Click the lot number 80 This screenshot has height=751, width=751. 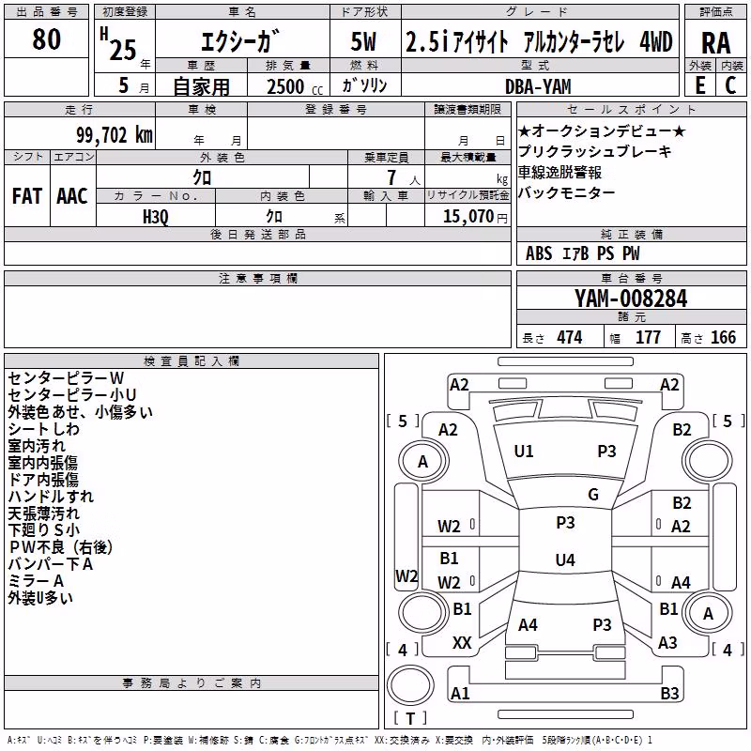click(x=46, y=39)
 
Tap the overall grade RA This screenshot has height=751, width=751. click(x=715, y=43)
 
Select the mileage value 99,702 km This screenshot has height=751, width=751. click(x=115, y=135)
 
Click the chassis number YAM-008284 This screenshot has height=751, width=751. click(x=631, y=299)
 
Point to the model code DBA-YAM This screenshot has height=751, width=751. click(x=538, y=86)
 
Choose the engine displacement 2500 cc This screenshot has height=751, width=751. click(x=295, y=86)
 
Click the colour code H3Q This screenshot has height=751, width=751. click(x=156, y=217)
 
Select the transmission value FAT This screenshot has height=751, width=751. click(x=27, y=196)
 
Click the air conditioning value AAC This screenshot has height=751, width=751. click(x=72, y=196)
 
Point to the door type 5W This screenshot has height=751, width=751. click(x=363, y=41)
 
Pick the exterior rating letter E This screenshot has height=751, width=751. click(x=700, y=85)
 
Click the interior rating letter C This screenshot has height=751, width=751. click(x=730, y=85)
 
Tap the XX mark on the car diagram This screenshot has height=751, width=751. click(x=462, y=643)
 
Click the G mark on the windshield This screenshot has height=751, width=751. click(x=593, y=495)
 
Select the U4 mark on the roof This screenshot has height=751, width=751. click(x=565, y=559)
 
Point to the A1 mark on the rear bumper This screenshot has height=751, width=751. click(x=460, y=693)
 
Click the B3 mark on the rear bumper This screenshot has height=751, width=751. click(x=669, y=693)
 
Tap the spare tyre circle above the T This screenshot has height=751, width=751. click(x=410, y=685)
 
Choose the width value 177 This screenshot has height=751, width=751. click(x=648, y=337)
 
